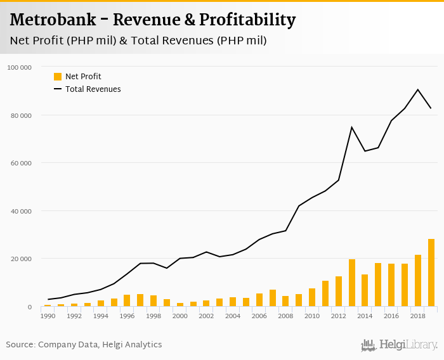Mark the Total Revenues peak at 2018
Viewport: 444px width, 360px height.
[418, 89]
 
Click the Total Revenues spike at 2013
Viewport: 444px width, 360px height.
[351, 127]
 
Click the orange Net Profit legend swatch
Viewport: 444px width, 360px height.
[58, 77]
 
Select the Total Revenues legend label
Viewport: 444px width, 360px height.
[93, 89]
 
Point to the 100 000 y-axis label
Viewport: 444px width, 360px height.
[20, 67]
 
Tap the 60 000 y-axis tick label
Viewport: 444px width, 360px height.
[22, 163]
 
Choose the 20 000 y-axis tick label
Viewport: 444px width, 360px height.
[22, 259]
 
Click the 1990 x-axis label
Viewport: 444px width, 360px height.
[48, 315]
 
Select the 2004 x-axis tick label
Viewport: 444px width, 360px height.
[233, 315]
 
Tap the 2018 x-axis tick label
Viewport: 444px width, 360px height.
[418, 315]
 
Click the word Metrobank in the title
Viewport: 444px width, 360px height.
[53, 20]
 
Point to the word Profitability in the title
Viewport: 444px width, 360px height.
[247, 20]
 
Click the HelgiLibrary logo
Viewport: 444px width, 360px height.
[399, 345]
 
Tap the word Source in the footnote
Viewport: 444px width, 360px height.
[20, 345]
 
